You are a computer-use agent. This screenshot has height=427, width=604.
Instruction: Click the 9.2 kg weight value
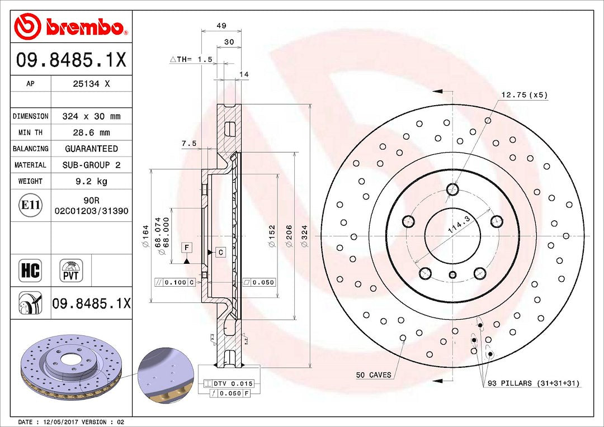point(91,181)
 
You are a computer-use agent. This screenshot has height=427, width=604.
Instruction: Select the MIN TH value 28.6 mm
point(91,132)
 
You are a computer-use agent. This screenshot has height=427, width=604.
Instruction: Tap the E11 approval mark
point(30,205)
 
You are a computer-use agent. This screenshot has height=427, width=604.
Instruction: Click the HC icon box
point(30,271)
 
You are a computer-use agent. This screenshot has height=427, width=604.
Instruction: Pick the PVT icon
point(71,271)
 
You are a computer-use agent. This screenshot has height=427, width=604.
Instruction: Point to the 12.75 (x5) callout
point(523,95)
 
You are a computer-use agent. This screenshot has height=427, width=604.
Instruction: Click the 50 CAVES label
point(374,375)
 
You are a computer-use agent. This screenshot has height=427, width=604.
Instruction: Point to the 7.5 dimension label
point(189,143)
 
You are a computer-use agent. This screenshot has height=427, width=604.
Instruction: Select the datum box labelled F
point(186,246)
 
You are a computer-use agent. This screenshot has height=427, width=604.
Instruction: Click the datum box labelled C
point(220,252)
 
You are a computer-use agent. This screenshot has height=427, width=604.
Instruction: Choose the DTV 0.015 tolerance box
point(229,383)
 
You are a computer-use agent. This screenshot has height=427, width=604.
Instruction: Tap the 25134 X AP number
point(91,84)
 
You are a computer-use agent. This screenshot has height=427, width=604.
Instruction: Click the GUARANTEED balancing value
point(91,149)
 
